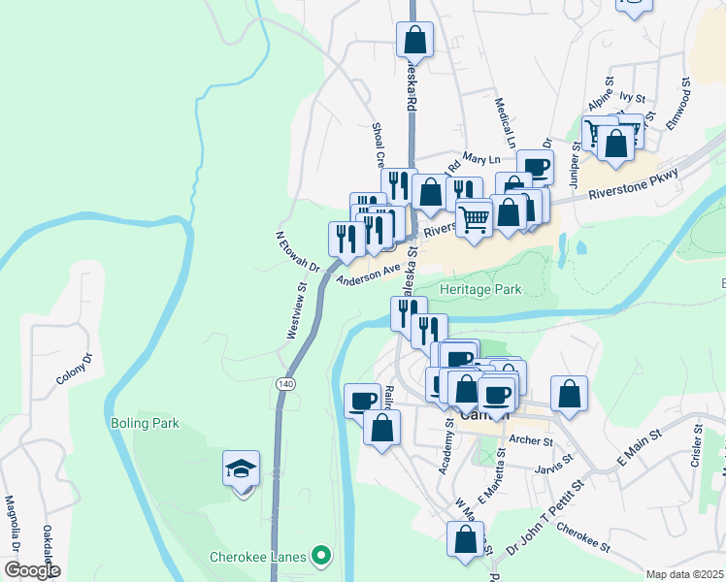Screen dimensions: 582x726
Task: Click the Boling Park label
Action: click(145, 424)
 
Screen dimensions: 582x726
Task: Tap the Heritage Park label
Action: click(480, 289)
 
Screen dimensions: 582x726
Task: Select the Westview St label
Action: click(296, 310)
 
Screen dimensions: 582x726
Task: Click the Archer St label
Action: click(530, 440)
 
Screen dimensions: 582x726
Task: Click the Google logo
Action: click(32, 570)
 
